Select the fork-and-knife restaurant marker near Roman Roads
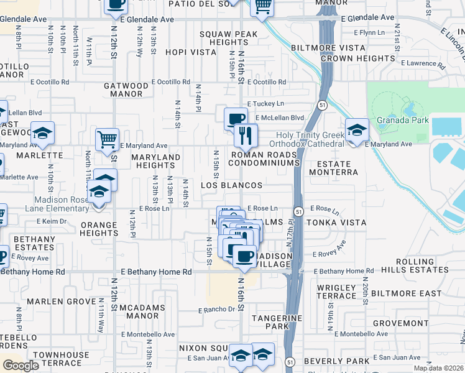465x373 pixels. pyautogui.click(x=246, y=134)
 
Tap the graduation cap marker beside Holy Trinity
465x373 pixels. pyautogui.click(x=356, y=130)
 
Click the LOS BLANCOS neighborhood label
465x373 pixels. pyautogui.click(x=231, y=185)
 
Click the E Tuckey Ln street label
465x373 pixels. pyautogui.click(x=265, y=104)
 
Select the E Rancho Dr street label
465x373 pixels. pyautogui.click(x=216, y=309)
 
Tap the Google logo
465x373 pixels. pyautogui.click(x=21, y=365)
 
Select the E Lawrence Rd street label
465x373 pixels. pyautogui.click(x=423, y=63)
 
